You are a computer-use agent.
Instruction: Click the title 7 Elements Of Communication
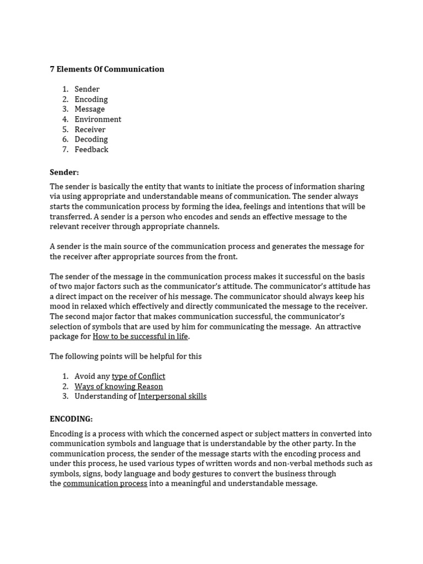(x=107, y=69)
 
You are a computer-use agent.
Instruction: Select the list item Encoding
(x=91, y=100)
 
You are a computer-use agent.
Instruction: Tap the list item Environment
(x=97, y=120)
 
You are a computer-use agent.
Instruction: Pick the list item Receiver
(x=90, y=129)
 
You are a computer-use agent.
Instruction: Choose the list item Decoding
(x=91, y=139)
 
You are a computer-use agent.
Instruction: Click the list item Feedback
(x=91, y=150)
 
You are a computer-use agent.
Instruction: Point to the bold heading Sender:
(x=64, y=172)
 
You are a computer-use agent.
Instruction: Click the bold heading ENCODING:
(x=71, y=419)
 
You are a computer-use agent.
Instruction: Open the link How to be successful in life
(x=140, y=337)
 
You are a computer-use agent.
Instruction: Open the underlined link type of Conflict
(x=138, y=376)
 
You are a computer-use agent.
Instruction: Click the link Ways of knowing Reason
(x=118, y=387)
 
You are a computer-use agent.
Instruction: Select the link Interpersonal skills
(x=172, y=397)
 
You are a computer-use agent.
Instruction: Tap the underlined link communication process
(x=105, y=484)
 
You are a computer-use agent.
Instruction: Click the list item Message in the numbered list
(x=89, y=110)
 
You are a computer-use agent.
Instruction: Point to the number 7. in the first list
(x=65, y=150)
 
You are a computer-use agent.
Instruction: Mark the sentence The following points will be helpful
(x=126, y=356)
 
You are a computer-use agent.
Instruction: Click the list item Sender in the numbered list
(x=87, y=89)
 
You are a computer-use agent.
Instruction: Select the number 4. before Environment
(x=65, y=120)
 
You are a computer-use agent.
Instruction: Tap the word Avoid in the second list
(x=85, y=376)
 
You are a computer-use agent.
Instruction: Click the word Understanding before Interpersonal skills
(x=105, y=397)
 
